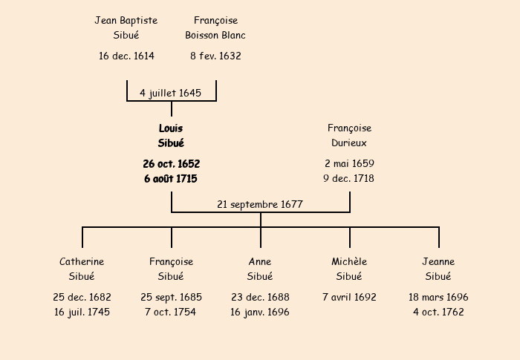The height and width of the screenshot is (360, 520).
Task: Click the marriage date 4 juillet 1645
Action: click(171, 93)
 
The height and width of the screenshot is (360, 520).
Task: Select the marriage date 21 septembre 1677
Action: click(260, 204)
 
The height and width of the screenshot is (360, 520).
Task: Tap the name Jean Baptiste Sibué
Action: click(126, 27)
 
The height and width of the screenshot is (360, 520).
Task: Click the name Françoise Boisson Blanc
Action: click(215, 27)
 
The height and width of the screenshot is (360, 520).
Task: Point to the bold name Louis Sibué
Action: click(171, 136)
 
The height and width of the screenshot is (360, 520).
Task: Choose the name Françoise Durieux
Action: click(349, 136)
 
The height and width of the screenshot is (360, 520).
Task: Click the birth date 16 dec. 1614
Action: click(126, 56)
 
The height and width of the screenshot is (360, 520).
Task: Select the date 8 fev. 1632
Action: click(215, 56)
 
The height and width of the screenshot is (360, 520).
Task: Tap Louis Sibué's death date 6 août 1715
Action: click(171, 179)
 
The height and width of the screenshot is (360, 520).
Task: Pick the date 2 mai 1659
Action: click(349, 163)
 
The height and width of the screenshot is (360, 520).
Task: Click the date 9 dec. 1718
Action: click(349, 179)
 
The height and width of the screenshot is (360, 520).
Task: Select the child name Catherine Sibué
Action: click(82, 269)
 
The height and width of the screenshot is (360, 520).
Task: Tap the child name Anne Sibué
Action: click(260, 269)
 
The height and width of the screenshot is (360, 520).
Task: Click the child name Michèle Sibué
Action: click(349, 269)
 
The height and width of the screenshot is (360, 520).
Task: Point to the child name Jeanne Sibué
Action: click(438, 269)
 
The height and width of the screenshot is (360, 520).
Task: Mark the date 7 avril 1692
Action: click(349, 297)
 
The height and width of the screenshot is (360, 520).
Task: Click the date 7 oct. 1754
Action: click(171, 312)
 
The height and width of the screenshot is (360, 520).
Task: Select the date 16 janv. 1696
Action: click(260, 312)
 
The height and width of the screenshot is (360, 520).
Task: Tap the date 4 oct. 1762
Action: click(438, 312)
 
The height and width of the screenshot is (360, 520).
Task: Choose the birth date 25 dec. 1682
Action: click(82, 297)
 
